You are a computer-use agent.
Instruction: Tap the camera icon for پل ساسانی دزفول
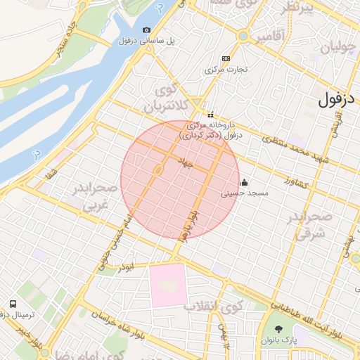click(x=146, y=30)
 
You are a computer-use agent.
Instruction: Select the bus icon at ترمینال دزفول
click(x=14, y=304)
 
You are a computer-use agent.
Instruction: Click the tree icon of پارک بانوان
click(x=278, y=328)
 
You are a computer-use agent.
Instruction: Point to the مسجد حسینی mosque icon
click(x=244, y=182)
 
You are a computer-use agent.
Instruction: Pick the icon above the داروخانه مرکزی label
click(x=210, y=115)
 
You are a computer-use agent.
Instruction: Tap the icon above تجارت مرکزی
click(x=225, y=58)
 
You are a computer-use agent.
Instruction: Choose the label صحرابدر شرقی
click(x=305, y=226)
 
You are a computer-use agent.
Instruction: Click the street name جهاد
click(x=185, y=163)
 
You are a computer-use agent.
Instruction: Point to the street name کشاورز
click(x=301, y=181)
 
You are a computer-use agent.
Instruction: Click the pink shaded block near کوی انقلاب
click(x=167, y=285)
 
